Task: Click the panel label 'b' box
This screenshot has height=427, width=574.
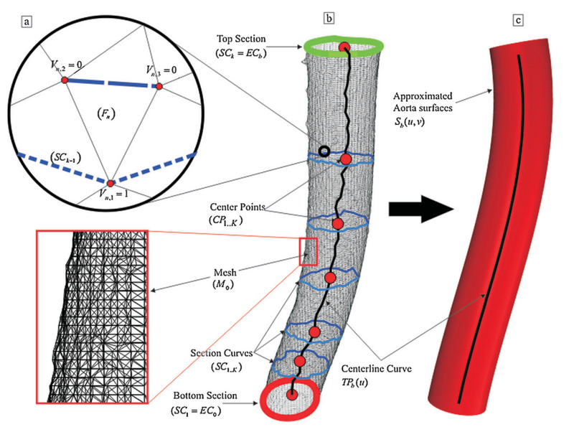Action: (x=328, y=17)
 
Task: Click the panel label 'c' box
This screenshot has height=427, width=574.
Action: (x=517, y=17)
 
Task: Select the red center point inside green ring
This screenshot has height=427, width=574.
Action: (x=344, y=48)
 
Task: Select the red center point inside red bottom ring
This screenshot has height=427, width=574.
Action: (x=292, y=395)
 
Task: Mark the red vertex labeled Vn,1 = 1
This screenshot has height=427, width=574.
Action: (x=111, y=182)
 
